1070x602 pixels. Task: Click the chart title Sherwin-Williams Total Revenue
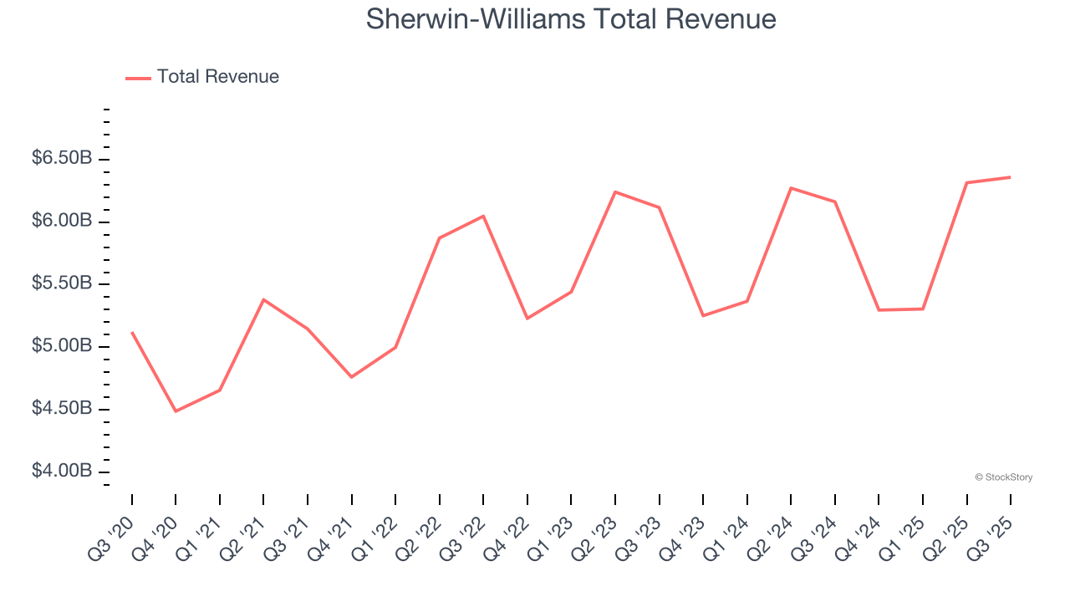(571, 19)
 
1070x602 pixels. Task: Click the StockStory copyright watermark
(1003, 477)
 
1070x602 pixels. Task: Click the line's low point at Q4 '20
(176, 411)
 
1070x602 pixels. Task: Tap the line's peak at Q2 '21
(263, 299)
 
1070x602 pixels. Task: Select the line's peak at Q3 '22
(483, 216)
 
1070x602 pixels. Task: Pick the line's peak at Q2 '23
(615, 192)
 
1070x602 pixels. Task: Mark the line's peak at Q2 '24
(791, 188)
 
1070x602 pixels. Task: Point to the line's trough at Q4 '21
(351, 377)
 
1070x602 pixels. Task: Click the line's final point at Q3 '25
(1010, 177)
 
